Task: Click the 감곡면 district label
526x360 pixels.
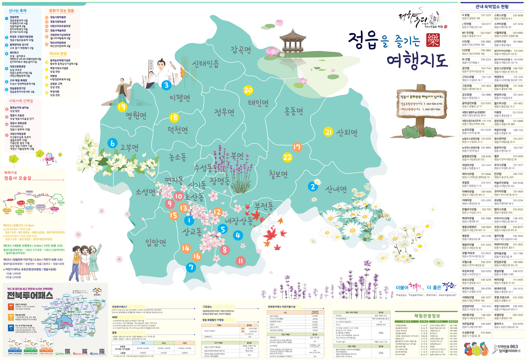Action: [241, 50]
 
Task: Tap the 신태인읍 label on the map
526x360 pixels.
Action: [205, 63]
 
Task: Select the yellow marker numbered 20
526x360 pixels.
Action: [248, 90]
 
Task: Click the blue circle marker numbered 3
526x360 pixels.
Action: [166, 85]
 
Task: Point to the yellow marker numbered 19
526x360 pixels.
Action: [122, 107]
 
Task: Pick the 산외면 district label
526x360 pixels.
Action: [347, 132]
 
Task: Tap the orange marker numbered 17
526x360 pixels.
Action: [297, 147]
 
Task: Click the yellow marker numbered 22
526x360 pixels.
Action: [287, 157]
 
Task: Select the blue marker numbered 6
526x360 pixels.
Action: [112, 143]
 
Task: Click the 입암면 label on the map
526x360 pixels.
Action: [156, 243]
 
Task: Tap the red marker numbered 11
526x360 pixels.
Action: [241, 261]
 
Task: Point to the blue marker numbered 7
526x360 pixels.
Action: [191, 267]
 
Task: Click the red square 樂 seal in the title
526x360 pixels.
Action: [433, 40]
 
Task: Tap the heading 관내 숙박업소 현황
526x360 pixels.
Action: [492, 7]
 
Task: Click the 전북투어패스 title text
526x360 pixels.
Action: [30, 295]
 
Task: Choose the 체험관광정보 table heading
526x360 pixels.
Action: [427, 316]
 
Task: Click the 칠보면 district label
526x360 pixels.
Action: [278, 174]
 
